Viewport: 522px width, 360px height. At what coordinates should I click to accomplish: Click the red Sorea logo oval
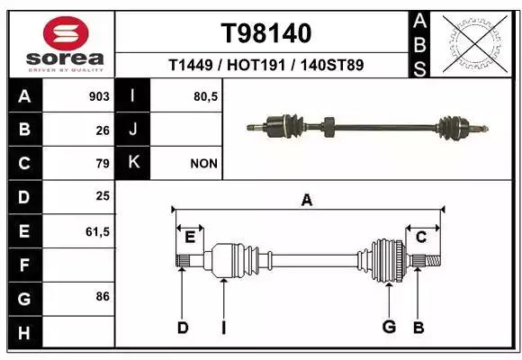[x=66, y=33]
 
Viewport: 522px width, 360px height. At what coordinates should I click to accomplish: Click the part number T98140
[x=266, y=33]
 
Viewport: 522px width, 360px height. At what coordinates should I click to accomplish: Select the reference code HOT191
[x=256, y=65]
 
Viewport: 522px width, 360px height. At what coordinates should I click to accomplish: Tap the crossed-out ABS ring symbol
[x=475, y=44]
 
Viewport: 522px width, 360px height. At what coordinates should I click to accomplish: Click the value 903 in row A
[x=99, y=96]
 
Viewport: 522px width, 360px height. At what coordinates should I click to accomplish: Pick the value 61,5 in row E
[x=97, y=231]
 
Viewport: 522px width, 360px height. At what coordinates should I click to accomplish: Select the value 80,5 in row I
[x=206, y=97]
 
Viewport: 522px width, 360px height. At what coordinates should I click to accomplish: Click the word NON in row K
[x=203, y=164]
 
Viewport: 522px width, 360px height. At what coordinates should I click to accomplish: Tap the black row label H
[x=25, y=332]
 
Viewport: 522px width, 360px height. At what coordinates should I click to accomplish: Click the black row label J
[x=132, y=129]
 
